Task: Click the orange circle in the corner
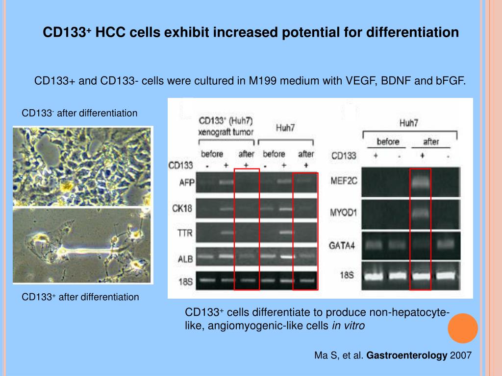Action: tap(463, 328)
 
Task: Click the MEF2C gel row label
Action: tap(344, 180)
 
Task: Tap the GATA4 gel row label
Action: tap(344, 244)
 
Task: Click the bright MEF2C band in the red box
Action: tap(420, 182)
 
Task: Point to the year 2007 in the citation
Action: tap(460, 356)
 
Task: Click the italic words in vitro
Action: tap(348, 326)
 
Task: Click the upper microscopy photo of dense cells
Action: tap(82, 166)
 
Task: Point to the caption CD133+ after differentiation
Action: tap(80, 297)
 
